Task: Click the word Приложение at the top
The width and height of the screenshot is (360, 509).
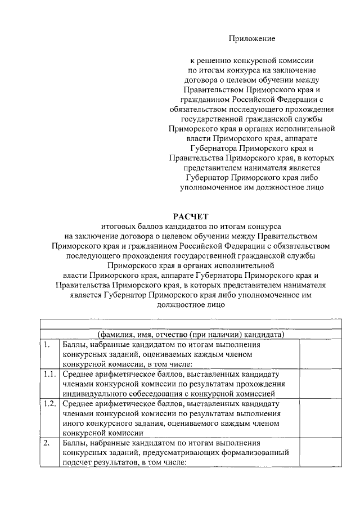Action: (x=252, y=38)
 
